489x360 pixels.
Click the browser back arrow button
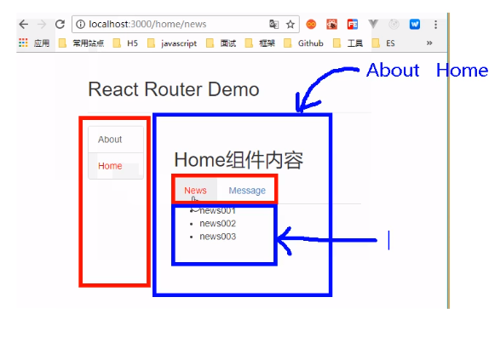[x=24, y=25]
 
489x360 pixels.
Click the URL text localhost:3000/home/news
[x=147, y=25]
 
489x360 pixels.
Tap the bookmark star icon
[x=291, y=25]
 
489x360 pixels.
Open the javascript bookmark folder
[x=172, y=43]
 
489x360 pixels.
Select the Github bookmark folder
[x=303, y=43]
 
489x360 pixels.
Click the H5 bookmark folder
[x=125, y=43]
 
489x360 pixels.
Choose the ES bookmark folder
[x=383, y=43]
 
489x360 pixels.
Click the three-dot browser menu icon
[x=435, y=25]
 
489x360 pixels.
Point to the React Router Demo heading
[x=174, y=89]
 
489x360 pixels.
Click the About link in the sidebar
[x=110, y=140]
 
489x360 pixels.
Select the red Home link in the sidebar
[x=110, y=166]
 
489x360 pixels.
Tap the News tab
[x=195, y=191]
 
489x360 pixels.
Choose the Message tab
[x=247, y=191]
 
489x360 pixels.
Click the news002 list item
[x=218, y=224]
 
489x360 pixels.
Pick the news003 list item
[x=218, y=237]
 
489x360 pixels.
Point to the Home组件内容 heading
[x=239, y=160]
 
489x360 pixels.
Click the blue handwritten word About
[x=393, y=70]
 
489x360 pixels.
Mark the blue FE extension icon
[x=353, y=25]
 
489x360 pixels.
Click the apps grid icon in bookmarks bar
[x=23, y=43]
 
